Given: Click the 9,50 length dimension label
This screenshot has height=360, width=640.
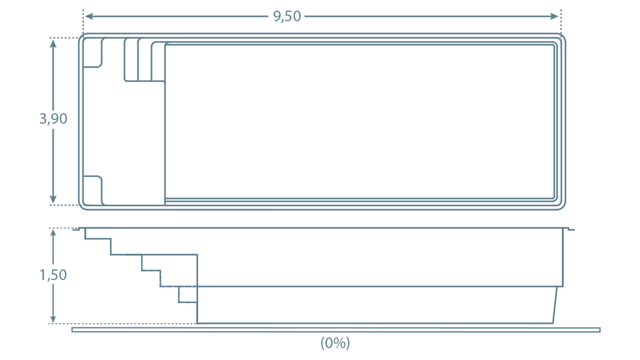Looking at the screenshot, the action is pos(287,16).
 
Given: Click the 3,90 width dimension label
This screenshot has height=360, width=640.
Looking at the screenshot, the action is pos(53,119).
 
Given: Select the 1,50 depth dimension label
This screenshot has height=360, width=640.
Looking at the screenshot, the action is pos(53,275).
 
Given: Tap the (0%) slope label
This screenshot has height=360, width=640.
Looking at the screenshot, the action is pos(335,343).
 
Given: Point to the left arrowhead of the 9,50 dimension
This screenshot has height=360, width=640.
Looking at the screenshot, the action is pos(89,16).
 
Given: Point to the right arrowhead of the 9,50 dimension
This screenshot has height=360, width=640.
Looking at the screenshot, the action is pos(554,16).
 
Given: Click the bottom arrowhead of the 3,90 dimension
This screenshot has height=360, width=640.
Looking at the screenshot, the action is pos(53,199).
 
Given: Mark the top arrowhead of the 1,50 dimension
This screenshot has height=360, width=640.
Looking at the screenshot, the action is pos(53,234).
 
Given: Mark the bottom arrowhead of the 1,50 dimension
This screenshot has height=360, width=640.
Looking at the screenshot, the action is pos(53,317).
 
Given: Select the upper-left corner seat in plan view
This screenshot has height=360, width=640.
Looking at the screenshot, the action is pos(92,52).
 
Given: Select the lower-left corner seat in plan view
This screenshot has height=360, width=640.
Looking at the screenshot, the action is pos(92,190).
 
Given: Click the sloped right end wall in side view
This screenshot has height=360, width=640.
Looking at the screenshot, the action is pos(556,305).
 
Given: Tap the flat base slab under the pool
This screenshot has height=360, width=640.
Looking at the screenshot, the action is pos(336,330).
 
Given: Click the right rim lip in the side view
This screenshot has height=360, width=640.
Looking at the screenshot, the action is pos(569,229).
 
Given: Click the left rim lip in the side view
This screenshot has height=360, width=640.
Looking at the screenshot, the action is pos(77,229).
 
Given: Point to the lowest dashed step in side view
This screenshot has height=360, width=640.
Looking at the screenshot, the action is pos(187,295).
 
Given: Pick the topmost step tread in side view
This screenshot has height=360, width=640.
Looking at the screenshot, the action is pos(98,239).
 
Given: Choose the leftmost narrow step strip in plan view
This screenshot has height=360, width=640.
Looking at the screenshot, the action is pos(131,60).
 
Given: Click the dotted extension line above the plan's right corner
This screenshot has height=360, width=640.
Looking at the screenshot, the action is pos(562,22).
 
